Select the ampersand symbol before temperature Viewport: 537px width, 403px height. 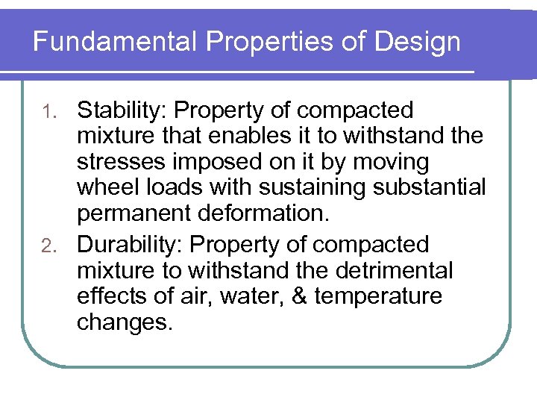(x=299, y=297)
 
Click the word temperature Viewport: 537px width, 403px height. (x=378, y=297)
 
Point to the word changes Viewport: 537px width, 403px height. (x=125, y=323)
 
